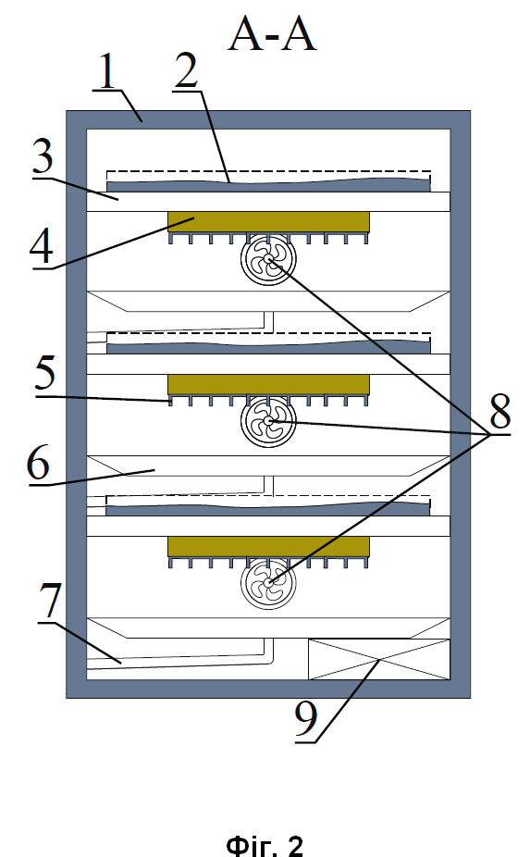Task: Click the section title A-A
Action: (x=272, y=34)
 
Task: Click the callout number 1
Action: (x=107, y=71)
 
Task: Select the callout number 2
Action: (x=186, y=71)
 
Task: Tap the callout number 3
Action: (x=42, y=156)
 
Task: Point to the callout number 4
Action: (x=42, y=247)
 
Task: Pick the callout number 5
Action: (x=45, y=373)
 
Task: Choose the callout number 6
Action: (x=38, y=463)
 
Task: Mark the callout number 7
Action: (x=49, y=600)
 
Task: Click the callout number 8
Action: (x=499, y=411)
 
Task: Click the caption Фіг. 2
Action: (x=265, y=845)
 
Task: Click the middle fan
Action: (x=268, y=421)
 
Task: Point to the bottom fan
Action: (x=268, y=583)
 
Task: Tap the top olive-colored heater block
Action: (x=268, y=221)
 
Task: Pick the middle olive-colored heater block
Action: (x=268, y=384)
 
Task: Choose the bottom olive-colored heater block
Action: (x=268, y=546)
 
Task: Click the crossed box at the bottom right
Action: (x=379, y=659)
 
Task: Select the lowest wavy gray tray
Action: (x=268, y=509)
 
